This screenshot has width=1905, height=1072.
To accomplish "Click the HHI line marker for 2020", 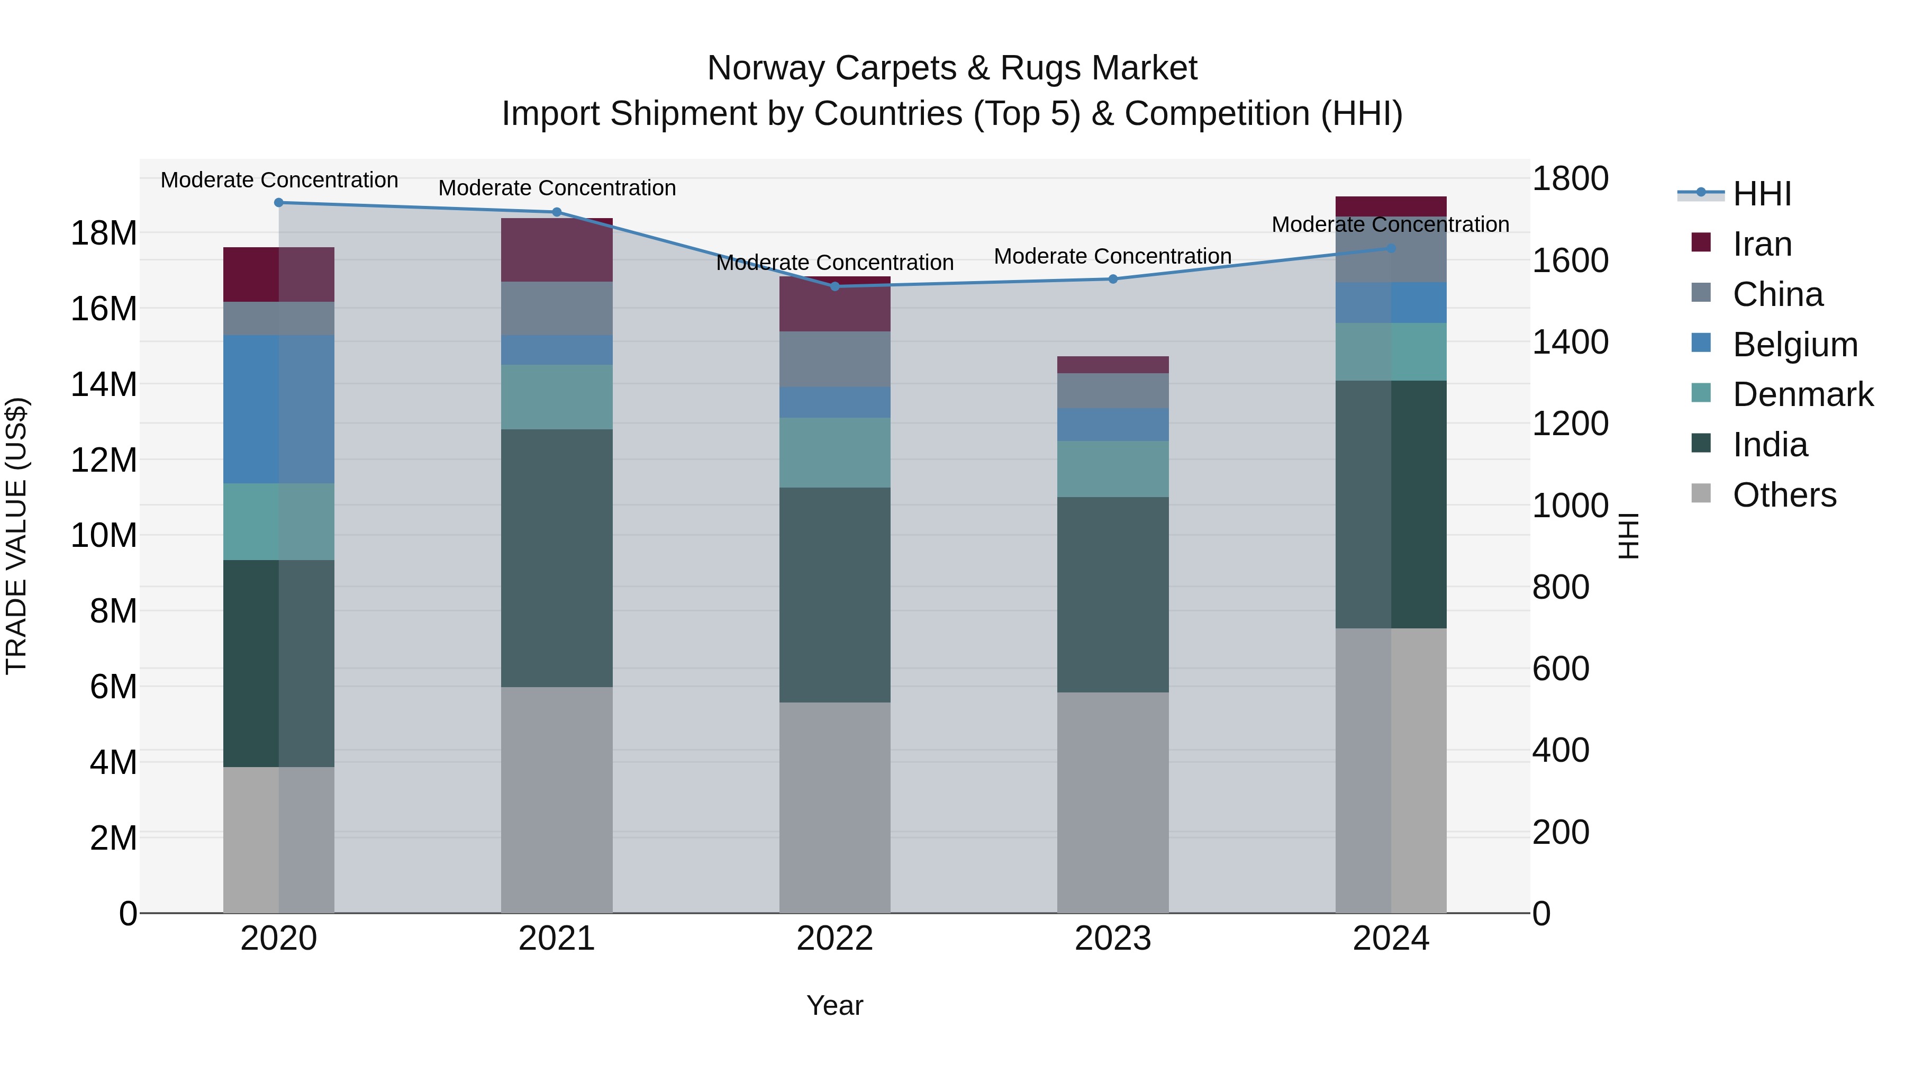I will [279, 203].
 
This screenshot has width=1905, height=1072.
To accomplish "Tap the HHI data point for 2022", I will [835, 286].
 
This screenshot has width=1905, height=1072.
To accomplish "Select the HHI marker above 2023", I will [1113, 279].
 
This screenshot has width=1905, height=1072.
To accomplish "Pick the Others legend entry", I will [1784, 495].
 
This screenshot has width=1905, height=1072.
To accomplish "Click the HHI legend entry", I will [1762, 194].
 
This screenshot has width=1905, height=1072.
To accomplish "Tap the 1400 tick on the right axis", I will [1570, 343].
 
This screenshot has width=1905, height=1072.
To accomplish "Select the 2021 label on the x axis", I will [557, 939].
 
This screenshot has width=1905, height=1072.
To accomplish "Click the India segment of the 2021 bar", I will [557, 558].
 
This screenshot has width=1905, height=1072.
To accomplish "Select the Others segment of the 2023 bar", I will [1113, 803].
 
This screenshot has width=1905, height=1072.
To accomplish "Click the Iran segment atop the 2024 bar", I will [1391, 206].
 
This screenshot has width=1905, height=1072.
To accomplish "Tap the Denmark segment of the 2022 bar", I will [835, 453].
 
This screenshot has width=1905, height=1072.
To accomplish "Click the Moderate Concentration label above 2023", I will [1112, 256].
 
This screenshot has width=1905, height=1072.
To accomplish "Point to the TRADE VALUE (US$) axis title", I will [16, 536].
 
